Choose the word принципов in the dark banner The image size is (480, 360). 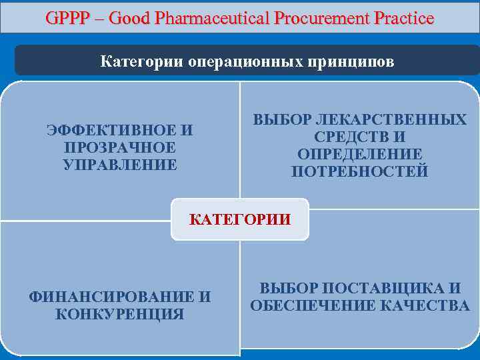(x=353, y=62)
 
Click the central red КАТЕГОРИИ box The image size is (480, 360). (x=240, y=219)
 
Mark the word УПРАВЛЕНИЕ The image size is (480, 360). (x=120, y=165)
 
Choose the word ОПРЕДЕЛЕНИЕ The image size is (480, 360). (x=360, y=155)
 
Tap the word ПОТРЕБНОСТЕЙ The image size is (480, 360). (x=360, y=172)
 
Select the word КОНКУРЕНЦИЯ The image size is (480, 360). (x=120, y=315)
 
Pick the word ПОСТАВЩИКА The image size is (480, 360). (x=379, y=289)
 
